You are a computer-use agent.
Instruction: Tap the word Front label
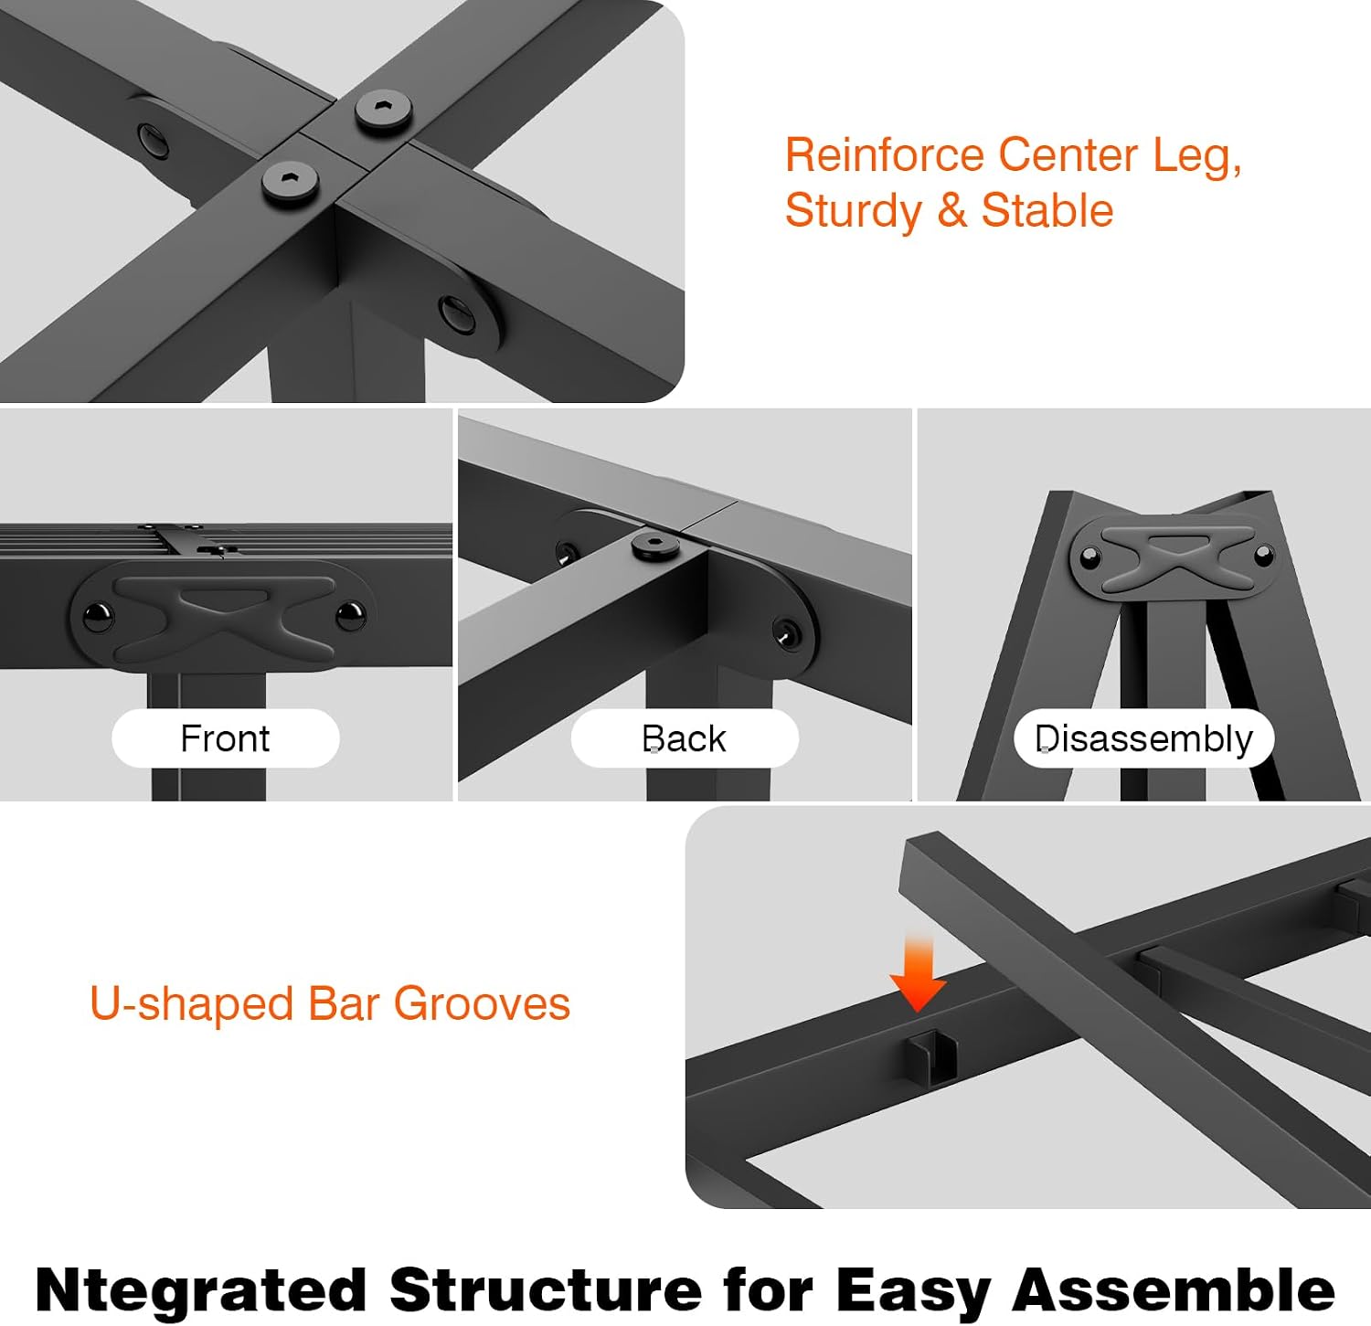(225, 738)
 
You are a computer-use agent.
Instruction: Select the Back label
(684, 738)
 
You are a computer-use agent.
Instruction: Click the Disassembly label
(1143, 739)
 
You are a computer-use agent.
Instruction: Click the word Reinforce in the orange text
(885, 154)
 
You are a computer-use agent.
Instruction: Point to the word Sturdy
(854, 212)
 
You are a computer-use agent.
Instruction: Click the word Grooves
(482, 1003)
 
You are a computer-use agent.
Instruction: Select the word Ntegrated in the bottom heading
(200, 1290)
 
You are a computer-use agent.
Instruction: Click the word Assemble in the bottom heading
(1174, 1289)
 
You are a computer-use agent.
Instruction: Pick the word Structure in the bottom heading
(546, 1289)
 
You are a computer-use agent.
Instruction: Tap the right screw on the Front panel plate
(350, 616)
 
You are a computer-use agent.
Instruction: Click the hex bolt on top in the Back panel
(655, 547)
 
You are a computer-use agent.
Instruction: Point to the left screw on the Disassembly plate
(1089, 557)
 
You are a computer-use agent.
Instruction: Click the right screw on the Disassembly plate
(1263, 554)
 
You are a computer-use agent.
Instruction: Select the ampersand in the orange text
(951, 211)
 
